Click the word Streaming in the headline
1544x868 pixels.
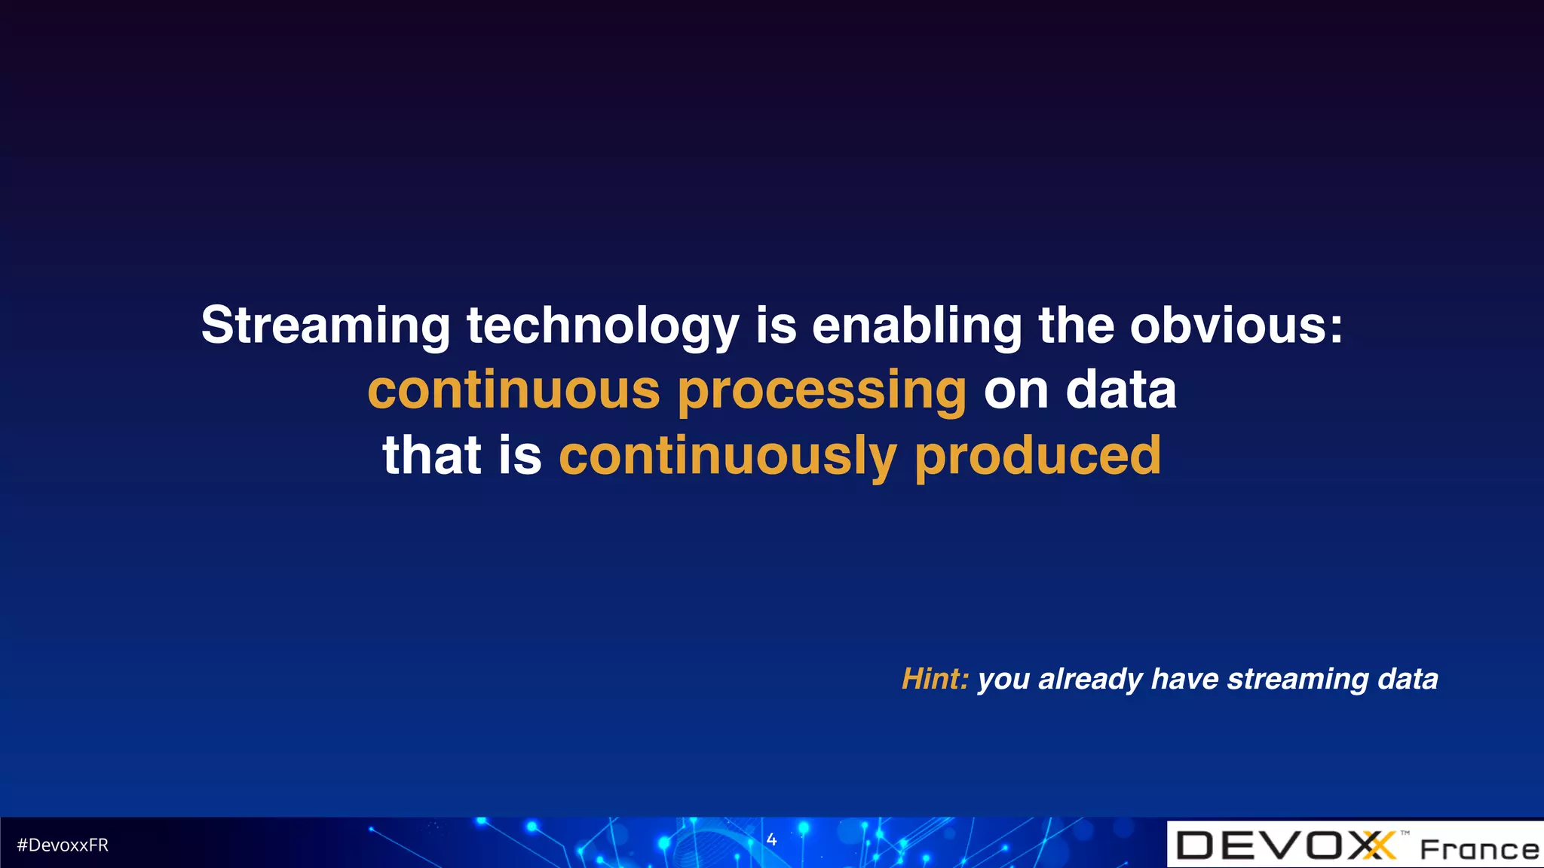coord(326,326)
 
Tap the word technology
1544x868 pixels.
coord(603,326)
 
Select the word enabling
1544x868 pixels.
coord(917,326)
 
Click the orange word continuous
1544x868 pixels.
coord(513,390)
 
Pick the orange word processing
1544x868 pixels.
coord(822,390)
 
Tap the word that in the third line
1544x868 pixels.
coord(432,455)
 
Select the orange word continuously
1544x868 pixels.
coord(728,457)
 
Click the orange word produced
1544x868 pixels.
coord(1037,457)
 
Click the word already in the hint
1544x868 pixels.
coord(1091,680)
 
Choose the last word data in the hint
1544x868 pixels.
coord(1408,679)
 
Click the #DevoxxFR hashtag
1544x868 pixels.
coord(63,845)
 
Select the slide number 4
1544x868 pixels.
coord(771,839)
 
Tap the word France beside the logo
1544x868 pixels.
coord(1479,849)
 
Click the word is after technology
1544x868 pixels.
coord(776,326)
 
